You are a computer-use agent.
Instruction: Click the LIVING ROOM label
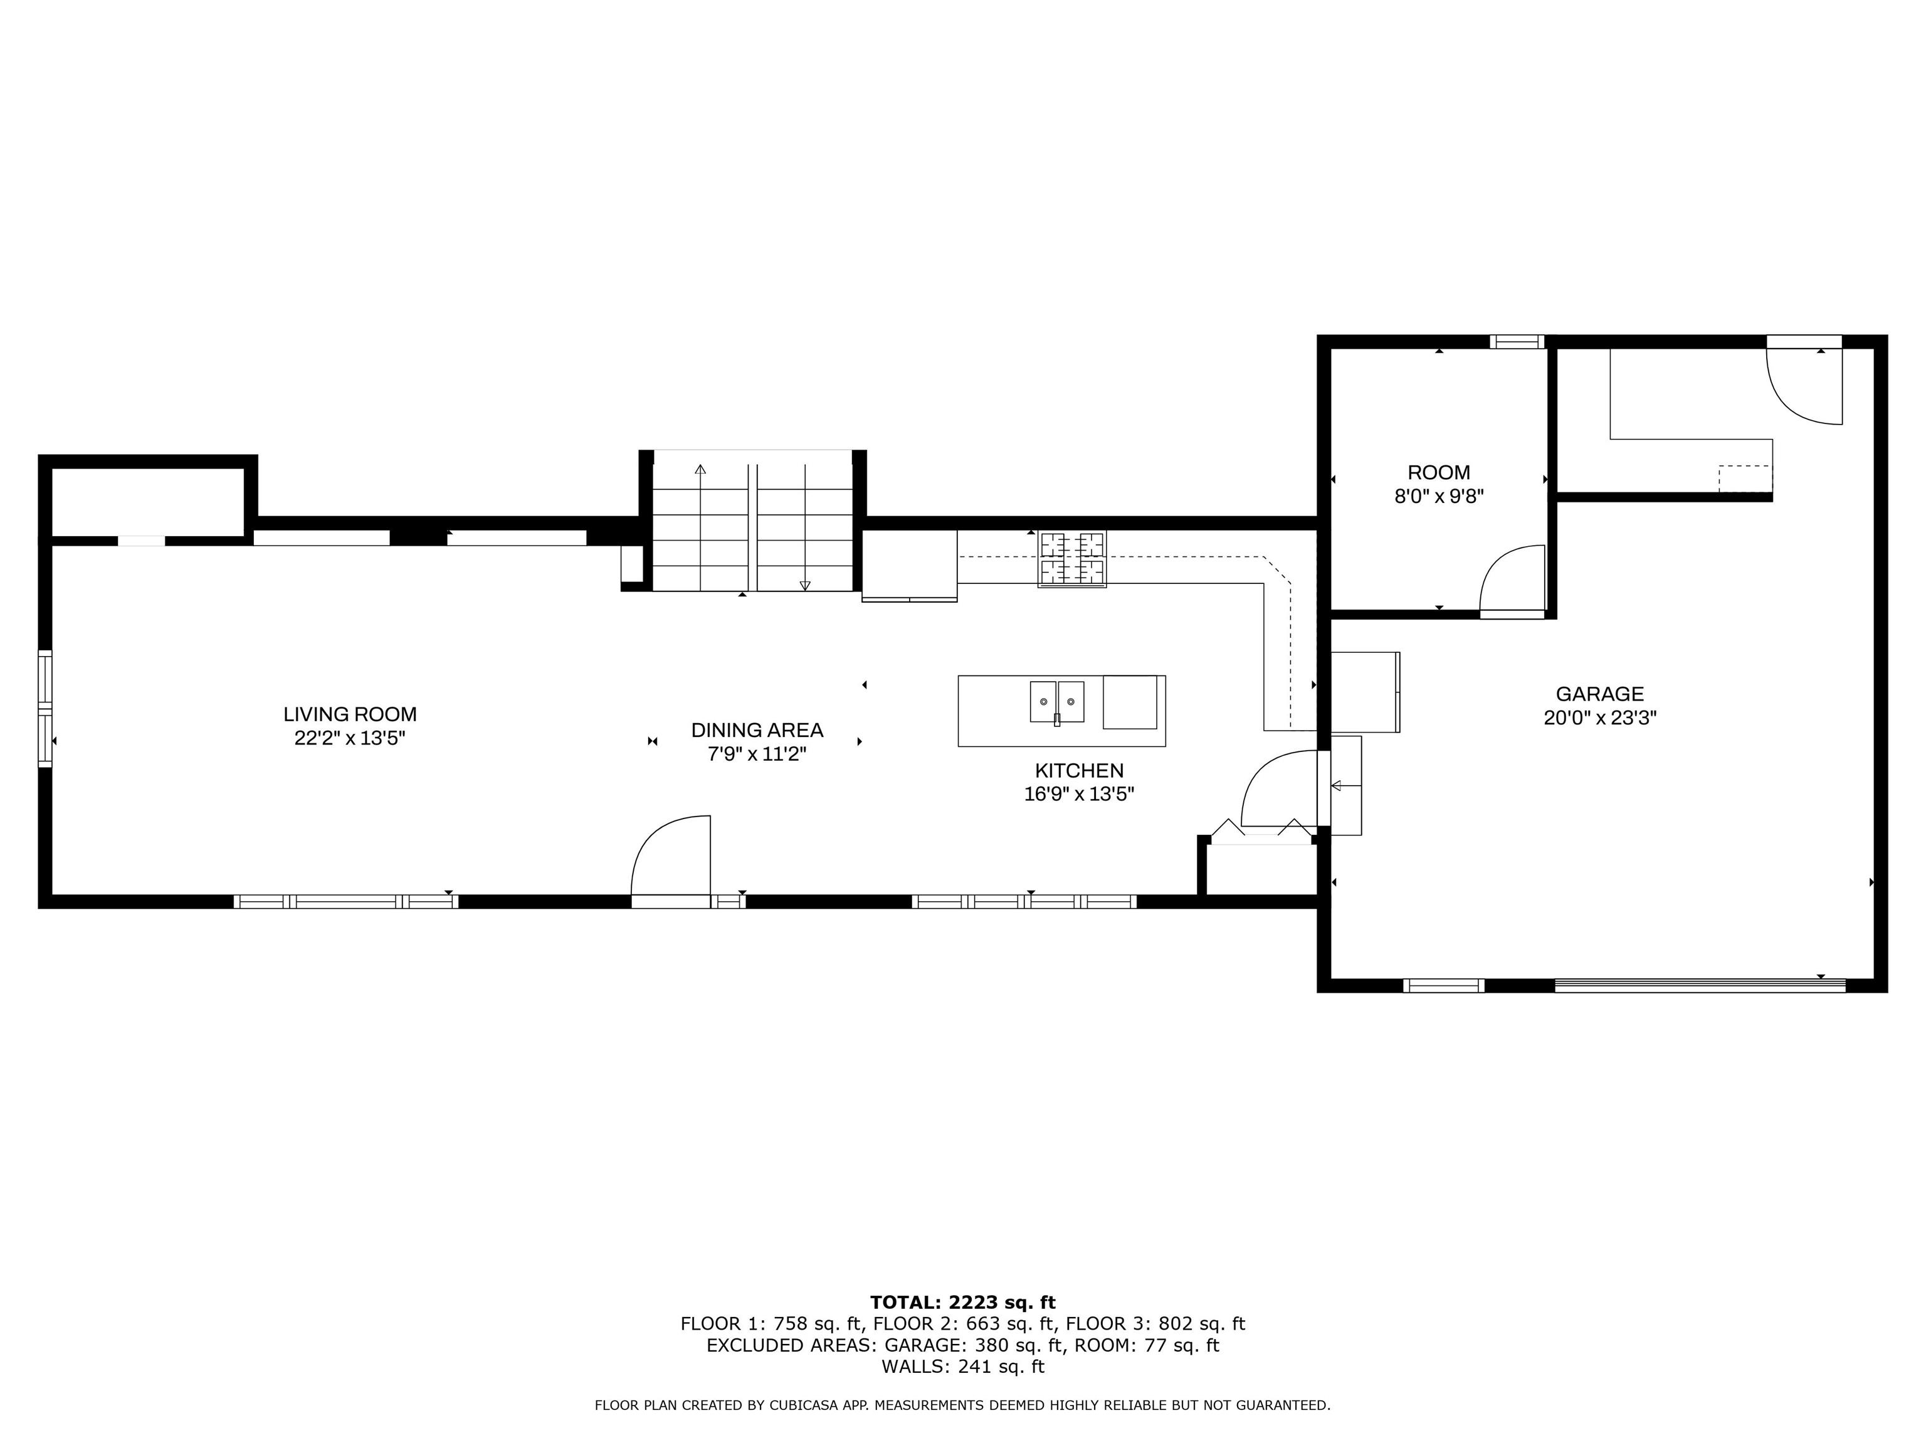349,714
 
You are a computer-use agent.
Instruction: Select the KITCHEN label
1079,771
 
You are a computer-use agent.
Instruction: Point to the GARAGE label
1599,694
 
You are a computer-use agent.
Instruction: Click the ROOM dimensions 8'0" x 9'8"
1438,497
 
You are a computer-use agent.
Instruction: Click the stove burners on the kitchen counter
1072,558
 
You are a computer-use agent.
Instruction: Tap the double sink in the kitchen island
1057,702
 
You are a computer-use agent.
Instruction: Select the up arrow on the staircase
700,470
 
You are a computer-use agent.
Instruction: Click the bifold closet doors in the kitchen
1261,832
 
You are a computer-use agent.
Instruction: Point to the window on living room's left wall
45,709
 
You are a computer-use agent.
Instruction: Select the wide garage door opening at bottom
1700,986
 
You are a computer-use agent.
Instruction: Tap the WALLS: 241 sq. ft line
962,1367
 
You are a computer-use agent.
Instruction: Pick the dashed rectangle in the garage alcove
1745,478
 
